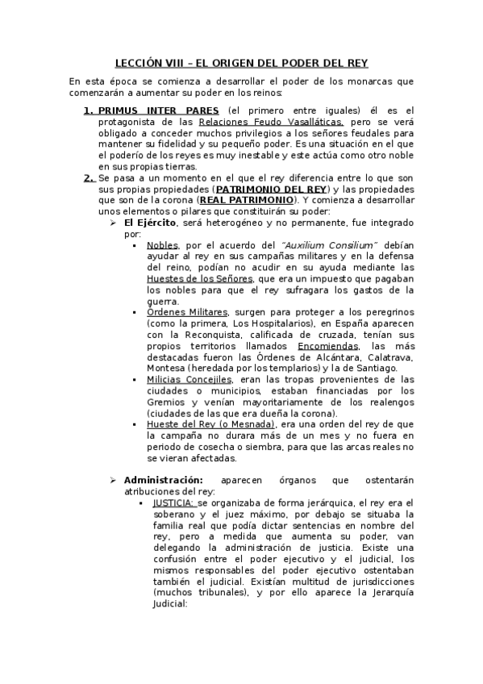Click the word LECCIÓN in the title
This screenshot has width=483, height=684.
[139, 61]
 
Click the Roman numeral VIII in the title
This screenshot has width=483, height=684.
[179, 61]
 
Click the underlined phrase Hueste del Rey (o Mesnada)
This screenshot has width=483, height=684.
[210, 424]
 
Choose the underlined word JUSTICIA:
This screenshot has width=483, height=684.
[173, 503]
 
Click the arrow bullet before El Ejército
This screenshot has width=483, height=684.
[115, 222]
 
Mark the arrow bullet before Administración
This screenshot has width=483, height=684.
[115, 480]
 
